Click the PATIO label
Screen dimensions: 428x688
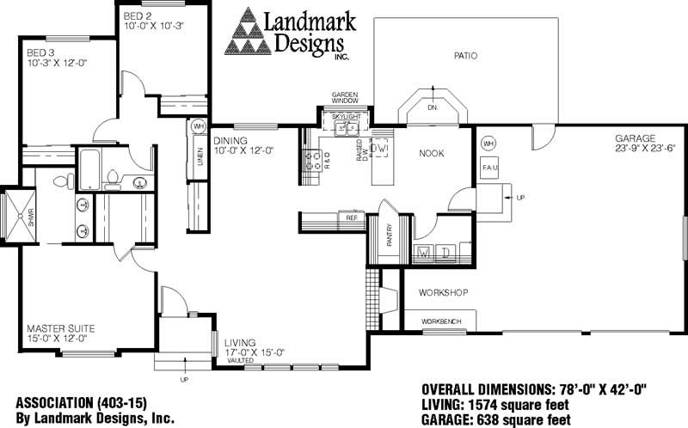465,57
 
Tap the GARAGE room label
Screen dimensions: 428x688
635,138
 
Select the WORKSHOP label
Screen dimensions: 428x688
443,293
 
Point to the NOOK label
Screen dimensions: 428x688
431,153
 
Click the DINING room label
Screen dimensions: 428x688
230,141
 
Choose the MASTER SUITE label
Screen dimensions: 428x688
60,328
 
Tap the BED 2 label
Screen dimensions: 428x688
138,15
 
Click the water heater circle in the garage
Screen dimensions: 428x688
489,143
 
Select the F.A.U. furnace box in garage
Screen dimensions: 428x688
490,166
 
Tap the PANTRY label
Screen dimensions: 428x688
389,236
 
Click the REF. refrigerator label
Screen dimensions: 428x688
351,217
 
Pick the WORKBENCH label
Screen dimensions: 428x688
441,321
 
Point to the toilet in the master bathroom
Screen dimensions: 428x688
63,181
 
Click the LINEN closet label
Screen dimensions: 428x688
199,158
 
